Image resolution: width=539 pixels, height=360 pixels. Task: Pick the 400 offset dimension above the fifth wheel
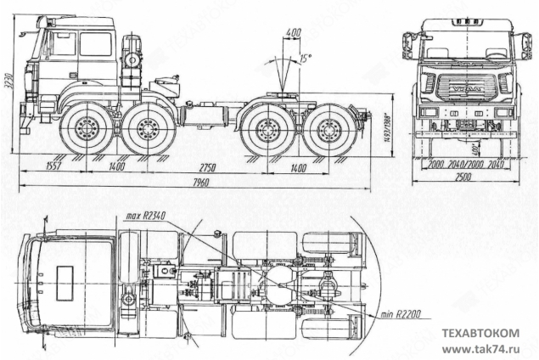[x=294, y=32]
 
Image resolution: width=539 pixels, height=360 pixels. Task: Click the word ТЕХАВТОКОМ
[x=478, y=334]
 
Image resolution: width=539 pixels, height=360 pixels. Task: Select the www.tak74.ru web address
[x=479, y=348]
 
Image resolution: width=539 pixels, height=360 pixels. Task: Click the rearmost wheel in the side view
[x=334, y=130]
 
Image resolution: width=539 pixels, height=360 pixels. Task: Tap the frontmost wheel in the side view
[x=85, y=130]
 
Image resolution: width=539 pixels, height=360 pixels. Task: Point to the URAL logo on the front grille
[x=463, y=87]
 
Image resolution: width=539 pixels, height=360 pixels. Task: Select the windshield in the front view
[x=463, y=48]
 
